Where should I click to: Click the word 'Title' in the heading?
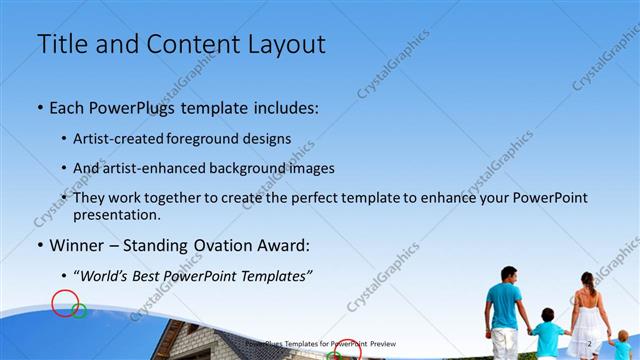pos(59,44)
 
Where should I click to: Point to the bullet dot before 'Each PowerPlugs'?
pos(39,107)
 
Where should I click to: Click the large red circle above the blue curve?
pos(65,302)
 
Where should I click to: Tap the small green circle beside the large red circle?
pos(80,312)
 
